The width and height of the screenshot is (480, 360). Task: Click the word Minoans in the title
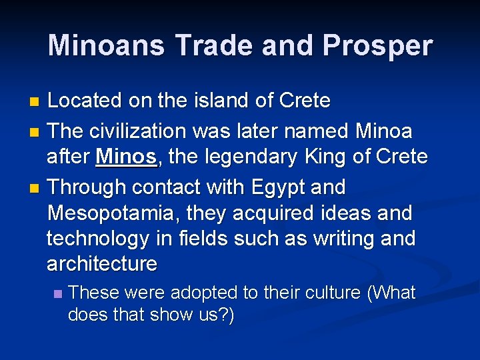pos(107,46)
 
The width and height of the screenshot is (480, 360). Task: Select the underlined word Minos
pos(127,157)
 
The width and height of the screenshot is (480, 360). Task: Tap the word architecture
pos(101,264)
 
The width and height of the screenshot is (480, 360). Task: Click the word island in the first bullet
pos(193,101)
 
